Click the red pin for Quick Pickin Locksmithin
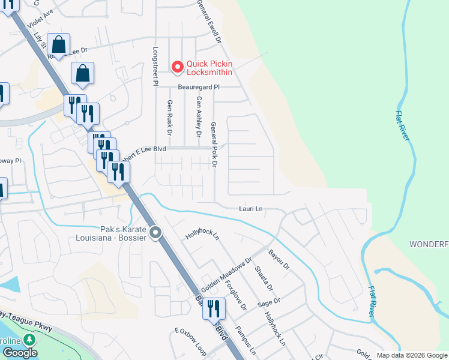tap(178, 67)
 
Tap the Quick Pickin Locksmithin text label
tap(209, 68)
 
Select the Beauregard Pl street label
tap(200, 87)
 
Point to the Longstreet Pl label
tap(155, 67)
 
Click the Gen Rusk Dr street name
tap(169, 118)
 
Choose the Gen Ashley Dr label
tap(198, 118)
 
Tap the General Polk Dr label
tap(214, 144)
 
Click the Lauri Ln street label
tap(251, 209)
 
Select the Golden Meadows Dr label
tap(227, 275)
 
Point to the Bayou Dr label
tap(279, 259)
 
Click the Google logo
tap(20, 353)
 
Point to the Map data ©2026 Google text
tap(411, 355)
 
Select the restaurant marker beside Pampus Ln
tap(214, 309)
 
